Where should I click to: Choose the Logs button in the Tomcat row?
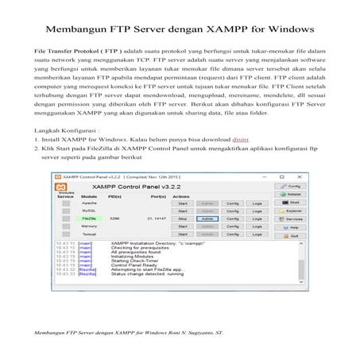click(257, 233)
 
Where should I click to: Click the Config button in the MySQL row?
click(232, 210)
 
